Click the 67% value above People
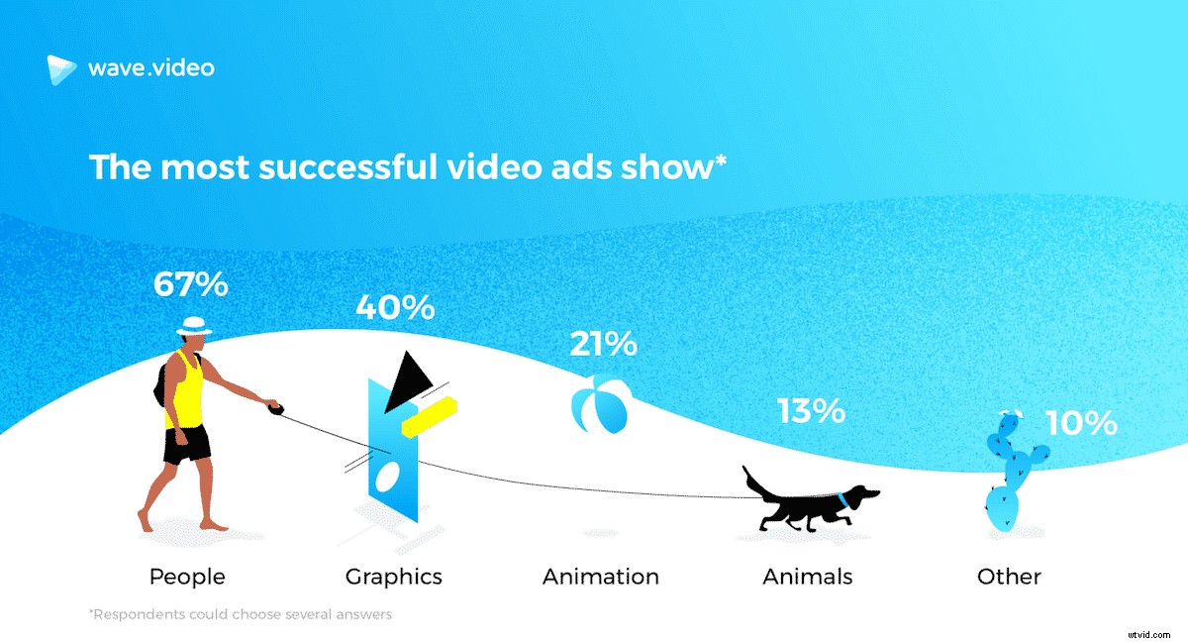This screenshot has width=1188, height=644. tap(191, 284)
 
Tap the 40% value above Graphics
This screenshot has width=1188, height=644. tap(396, 307)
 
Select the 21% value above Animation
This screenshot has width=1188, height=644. tap(603, 344)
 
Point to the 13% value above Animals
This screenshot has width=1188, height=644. tap(811, 409)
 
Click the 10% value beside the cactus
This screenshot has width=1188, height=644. tap(1081, 424)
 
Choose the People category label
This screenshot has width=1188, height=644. tap(187, 576)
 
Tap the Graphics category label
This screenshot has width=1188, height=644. tap(394, 576)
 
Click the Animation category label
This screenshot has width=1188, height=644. tap(601, 576)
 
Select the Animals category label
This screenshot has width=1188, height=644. tap(808, 576)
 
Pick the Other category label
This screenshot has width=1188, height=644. tap(1009, 576)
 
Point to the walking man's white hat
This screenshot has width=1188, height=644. tap(194, 325)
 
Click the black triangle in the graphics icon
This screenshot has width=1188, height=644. tap(409, 381)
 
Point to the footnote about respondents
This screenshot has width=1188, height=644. tap(240, 614)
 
